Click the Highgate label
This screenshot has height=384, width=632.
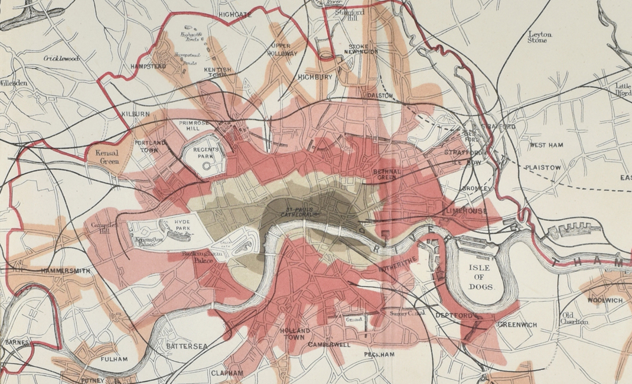click(236, 14)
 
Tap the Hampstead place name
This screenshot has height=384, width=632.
click(148, 67)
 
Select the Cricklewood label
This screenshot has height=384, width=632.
click(61, 58)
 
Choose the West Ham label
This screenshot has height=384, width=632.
click(546, 145)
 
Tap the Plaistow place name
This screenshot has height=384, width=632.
click(543, 168)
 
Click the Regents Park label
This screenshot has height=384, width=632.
click(206, 154)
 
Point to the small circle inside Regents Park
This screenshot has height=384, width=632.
click(206, 167)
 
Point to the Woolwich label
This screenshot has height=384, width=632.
click(605, 300)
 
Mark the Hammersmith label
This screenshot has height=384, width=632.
click(66, 271)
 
